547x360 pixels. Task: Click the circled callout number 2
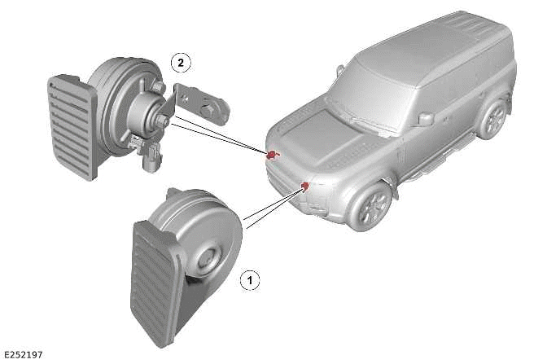(x=181, y=63)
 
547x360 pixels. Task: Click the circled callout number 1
(x=250, y=279)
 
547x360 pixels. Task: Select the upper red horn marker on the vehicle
(x=271, y=155)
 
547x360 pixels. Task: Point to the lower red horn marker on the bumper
(x=305, y=187)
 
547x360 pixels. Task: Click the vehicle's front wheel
(x=371, y=206)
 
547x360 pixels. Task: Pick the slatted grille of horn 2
(x=72, y=127)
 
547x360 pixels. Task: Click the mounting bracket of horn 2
(x=198, y=103)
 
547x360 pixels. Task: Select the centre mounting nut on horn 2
(x=164, y=121)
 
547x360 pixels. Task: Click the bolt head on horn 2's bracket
(x=207, y=111)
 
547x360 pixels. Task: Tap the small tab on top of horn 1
(x=174, y=192)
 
